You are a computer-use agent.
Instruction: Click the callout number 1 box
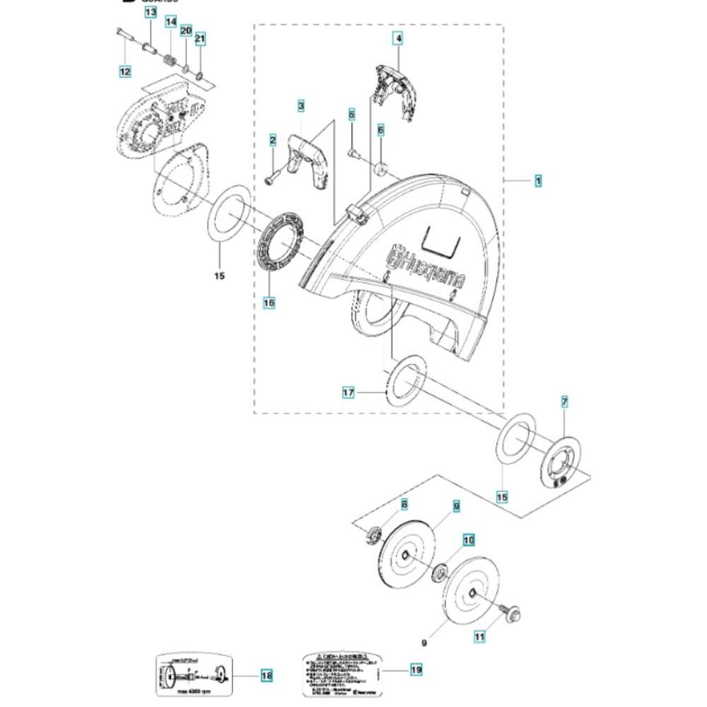tap(538, 181)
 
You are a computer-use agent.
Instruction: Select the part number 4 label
tap(399, 39)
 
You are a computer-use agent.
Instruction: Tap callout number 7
tap(564, 402)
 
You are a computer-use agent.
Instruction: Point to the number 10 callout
tap(468, 541)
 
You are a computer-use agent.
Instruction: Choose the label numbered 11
tap(480, 637)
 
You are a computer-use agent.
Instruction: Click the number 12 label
tap(124, 71)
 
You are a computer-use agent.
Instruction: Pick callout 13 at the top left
tap(151, 13)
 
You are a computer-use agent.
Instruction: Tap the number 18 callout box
tap(266, 676)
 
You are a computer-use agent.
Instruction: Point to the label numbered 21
tap(200, 38)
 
